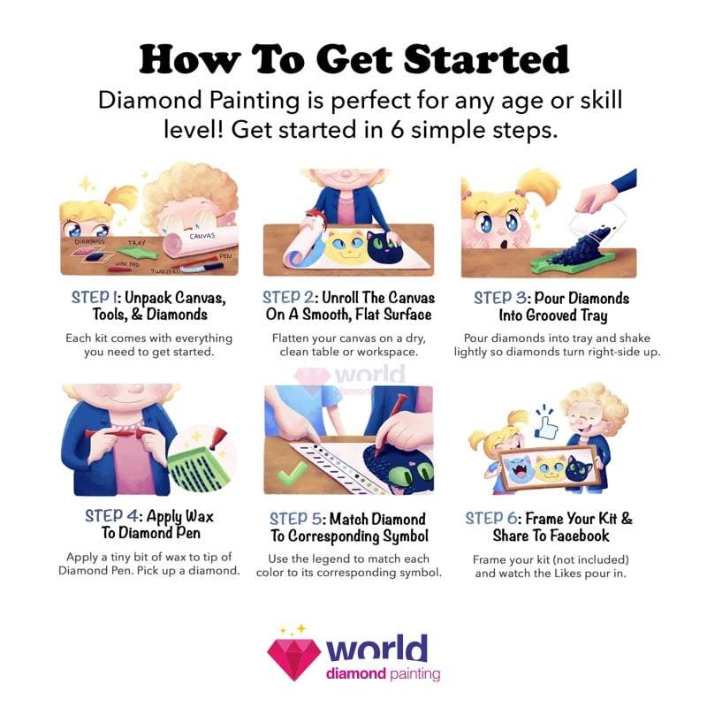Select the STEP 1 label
click(x=95, y=298)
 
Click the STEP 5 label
click(x=297, y=519)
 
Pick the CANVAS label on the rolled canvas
click(x=202, y=236)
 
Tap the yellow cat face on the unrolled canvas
click(x=345, y=248)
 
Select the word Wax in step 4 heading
click(x=200, y=516)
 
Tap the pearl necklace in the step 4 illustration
click(x=126, y=424)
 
